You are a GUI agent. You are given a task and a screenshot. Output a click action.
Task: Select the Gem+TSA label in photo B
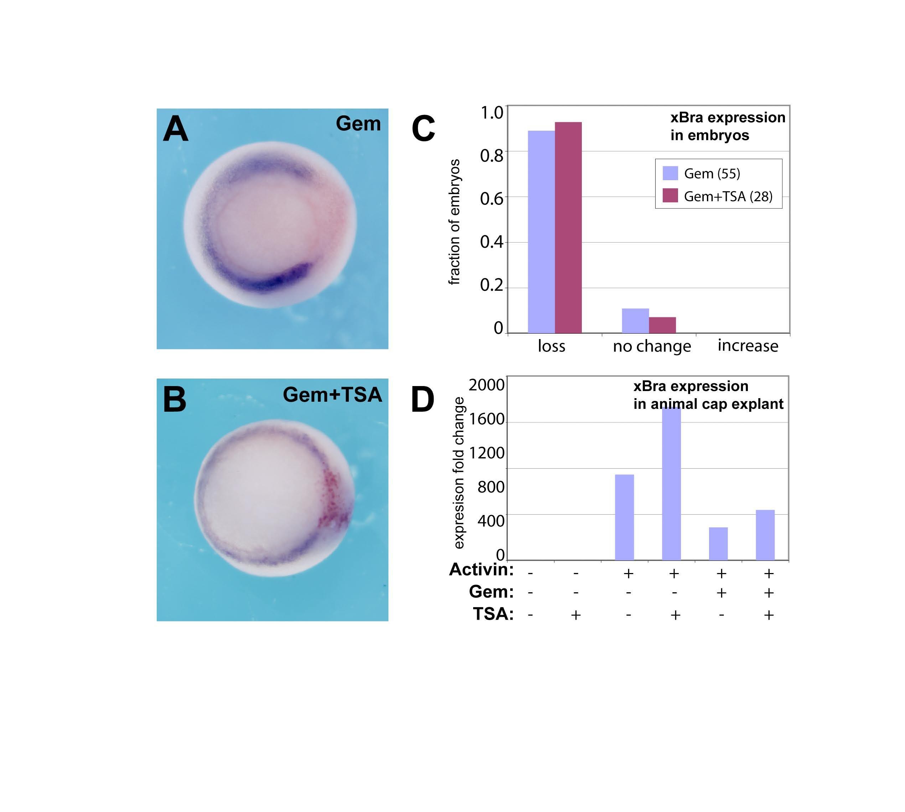pos(332,395)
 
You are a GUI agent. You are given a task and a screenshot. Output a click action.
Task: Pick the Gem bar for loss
pos(541,232)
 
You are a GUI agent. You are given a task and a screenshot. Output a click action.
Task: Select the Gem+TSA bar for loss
pos(568,228)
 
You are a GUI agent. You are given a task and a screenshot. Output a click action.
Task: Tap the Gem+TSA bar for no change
pos(662,325)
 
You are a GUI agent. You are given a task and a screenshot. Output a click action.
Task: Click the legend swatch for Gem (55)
pos(670,173)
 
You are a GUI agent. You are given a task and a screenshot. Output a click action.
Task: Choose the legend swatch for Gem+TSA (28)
pos(670,196)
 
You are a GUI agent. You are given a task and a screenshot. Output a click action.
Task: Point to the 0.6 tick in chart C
pos(491,198)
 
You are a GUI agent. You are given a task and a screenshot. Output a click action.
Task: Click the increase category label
pos(748,346)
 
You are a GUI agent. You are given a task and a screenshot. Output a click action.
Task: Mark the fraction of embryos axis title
pos(454,222)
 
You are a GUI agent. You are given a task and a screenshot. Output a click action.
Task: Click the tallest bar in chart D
pos(671,484)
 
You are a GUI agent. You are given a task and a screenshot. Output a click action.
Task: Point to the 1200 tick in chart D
pos(486,453)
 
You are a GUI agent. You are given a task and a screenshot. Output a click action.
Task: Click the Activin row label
pos(481,570)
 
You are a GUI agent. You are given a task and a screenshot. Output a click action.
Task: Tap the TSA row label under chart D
pos(493,614)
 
